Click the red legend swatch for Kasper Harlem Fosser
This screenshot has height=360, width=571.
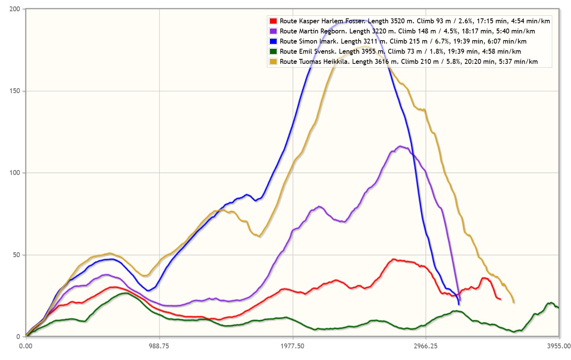[273, 21]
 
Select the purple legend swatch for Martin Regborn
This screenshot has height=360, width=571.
[273, 31]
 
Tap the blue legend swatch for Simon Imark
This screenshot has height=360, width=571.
[273, 41]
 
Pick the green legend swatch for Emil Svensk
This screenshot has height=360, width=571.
[273, 51]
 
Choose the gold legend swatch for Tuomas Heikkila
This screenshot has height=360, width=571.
[273, 62]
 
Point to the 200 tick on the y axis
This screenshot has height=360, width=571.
[15, 9]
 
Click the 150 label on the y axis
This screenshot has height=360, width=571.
[15, 91]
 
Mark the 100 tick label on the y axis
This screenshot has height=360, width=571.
[15, 173]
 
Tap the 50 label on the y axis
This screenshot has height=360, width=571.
[16, 255]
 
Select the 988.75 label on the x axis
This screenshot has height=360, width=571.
[159, 346]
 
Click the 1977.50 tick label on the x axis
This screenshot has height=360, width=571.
[292, 346]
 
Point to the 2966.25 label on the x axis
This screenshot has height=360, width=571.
[426, 346]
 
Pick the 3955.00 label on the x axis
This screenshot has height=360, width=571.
[559, 346]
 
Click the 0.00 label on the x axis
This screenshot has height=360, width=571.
[26, 346]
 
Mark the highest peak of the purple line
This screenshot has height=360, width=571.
[400, 146]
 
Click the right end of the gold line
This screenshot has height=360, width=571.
[514, 302]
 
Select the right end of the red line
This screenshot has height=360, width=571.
[500, 299]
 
